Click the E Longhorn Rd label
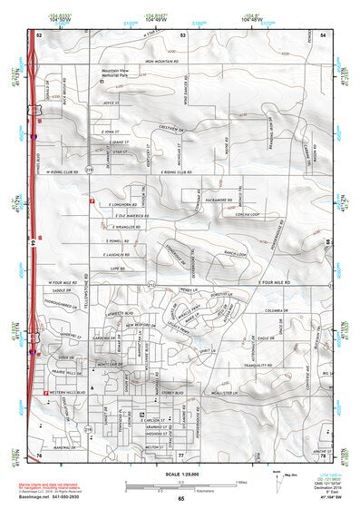[117, 204]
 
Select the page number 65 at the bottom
[180, 499]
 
